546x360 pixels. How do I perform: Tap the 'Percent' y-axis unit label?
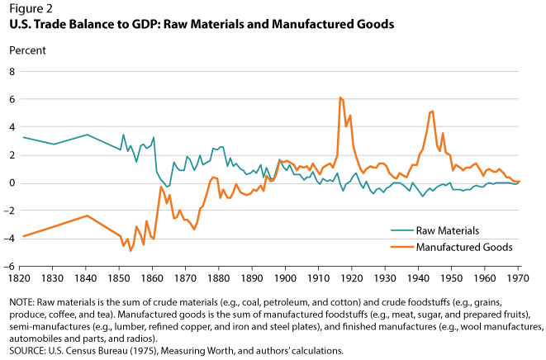(x=26, y=50)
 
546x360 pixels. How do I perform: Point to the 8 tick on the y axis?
(x=12, y=72)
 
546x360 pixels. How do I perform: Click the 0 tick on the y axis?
(x=12, y=183)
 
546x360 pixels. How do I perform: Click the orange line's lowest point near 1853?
(x=131, y=251)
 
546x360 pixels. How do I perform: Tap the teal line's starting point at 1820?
(x=22, y=137)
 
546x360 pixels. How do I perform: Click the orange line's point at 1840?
(x=88, y=216)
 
